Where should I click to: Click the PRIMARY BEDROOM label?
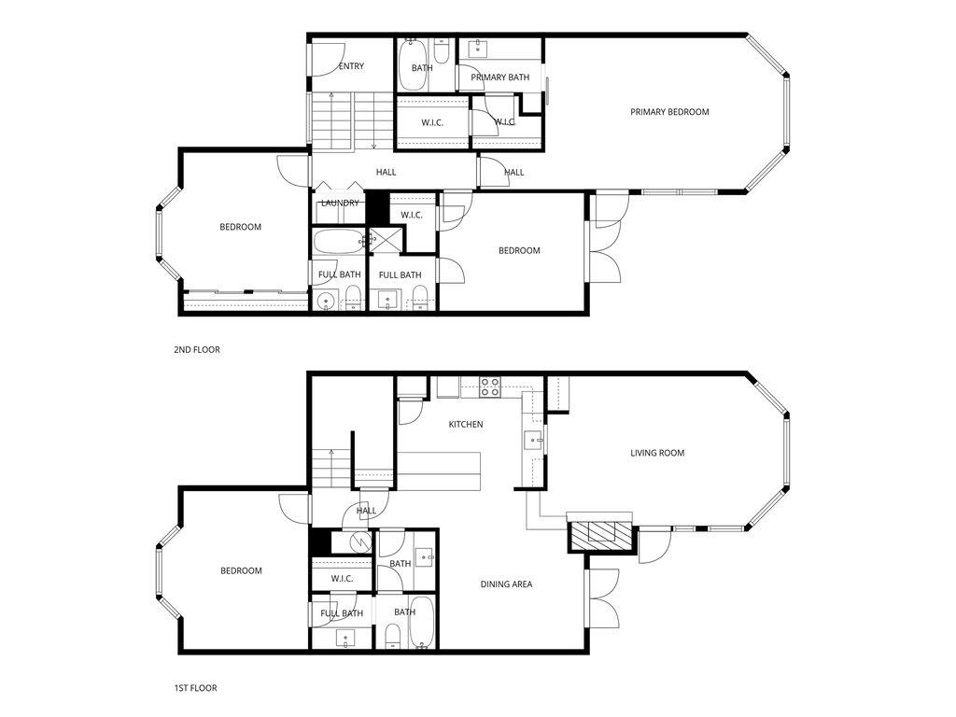click(669, 112)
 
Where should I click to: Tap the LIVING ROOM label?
click(657, 453)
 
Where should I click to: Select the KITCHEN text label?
click(466, 425)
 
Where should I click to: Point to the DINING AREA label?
click(506, 584)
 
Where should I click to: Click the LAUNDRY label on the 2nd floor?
click(340, 203)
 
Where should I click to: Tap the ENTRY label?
click(351, 66)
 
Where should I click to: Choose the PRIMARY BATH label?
click(499, 77)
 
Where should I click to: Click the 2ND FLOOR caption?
click(196, 350)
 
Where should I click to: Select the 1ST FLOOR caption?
click(195, 688)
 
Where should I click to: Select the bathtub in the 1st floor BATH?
click(421, 624)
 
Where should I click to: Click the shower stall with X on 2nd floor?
click(384, 240)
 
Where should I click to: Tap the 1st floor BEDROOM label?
click(241, 570)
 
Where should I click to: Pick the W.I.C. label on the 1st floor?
click(342, 579)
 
